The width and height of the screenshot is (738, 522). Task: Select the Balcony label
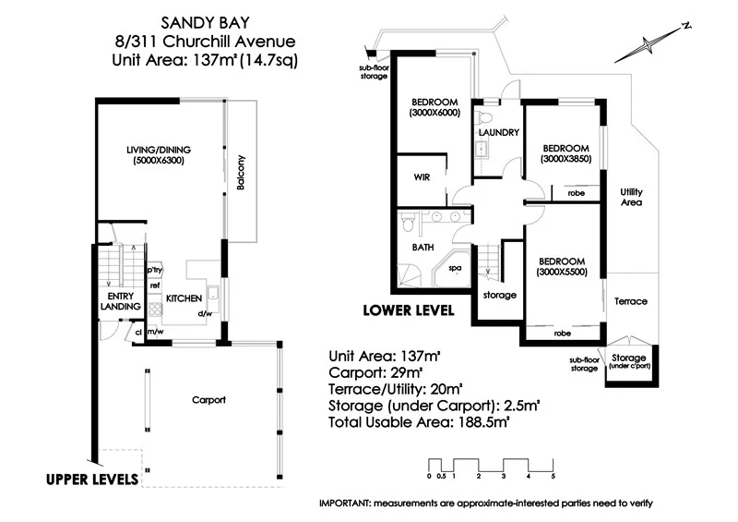point(241,172)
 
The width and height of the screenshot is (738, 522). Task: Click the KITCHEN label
point(184,298)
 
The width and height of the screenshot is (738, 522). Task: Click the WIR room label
point(422,177)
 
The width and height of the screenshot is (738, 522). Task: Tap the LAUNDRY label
point(499,132)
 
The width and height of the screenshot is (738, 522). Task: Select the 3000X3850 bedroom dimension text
point(566,159)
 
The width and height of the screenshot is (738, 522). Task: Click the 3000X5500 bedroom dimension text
point(562,272)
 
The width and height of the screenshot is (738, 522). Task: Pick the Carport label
point(208,400)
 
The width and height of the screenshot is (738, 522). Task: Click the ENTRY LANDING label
point(121,301)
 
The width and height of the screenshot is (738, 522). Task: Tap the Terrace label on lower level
point(631,301)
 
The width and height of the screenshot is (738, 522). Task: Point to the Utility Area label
point(631,197)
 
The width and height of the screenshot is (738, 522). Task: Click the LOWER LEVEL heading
point(409,310)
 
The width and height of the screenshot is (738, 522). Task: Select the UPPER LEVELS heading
point(92,480)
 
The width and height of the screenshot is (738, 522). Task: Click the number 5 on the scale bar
point(553,476)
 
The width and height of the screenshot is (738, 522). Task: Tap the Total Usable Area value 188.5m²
point(484,421)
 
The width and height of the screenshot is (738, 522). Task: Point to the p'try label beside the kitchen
point(154,270)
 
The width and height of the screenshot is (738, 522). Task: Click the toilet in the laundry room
point(483,116)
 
